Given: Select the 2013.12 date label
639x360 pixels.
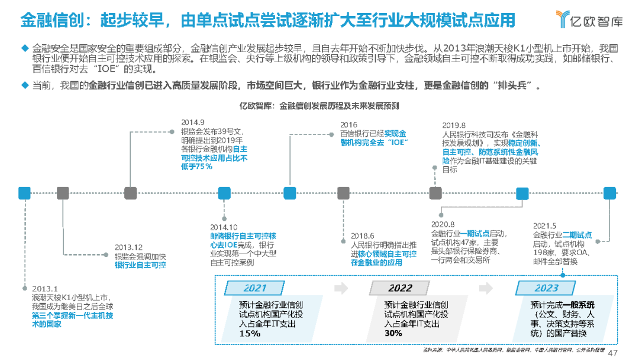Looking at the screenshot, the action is [128, 247].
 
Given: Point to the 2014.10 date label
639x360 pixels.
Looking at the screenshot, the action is [224, 227].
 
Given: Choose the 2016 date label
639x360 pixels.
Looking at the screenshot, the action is [348, 124].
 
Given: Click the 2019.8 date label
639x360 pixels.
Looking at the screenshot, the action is [454, 124].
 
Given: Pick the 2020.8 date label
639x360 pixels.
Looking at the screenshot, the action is [444, 224].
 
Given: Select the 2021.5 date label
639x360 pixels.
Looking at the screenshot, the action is [544, 226].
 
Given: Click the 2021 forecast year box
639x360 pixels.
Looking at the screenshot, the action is [255, 288].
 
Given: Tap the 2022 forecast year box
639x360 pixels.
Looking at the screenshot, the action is [401, 288].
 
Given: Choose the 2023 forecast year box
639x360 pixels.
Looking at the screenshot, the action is [546, 288].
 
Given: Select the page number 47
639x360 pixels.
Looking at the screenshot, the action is [613, 352].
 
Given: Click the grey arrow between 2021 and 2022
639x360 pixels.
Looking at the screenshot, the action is [340, 288].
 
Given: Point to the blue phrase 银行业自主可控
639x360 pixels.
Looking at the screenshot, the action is [140, 265].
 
